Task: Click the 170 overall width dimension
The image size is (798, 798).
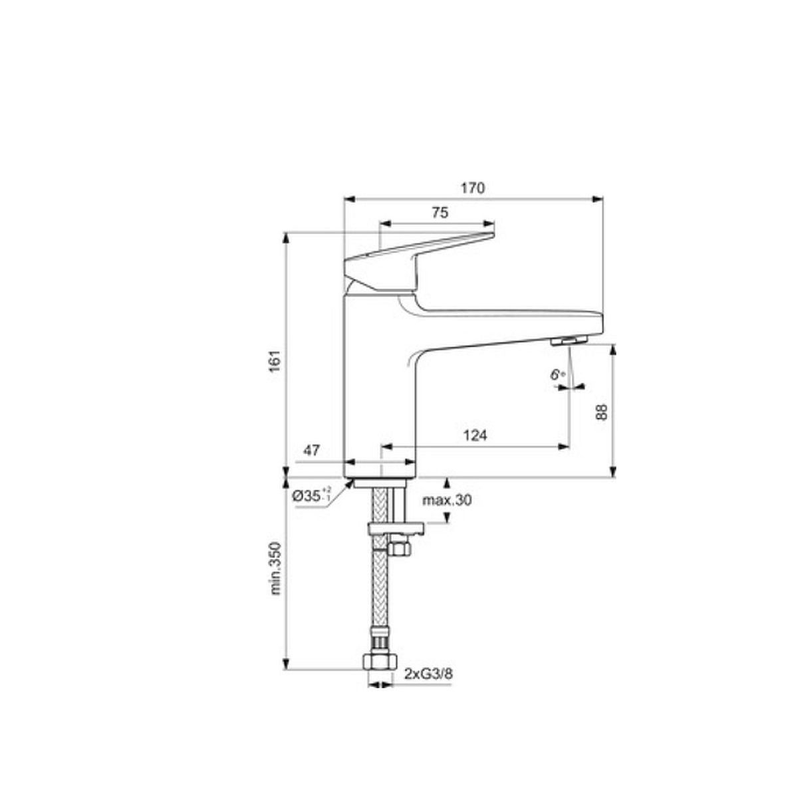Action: coord(473,188)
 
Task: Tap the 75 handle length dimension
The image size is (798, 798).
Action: coord(440,213)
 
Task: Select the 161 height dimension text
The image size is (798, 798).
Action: coord(275,361)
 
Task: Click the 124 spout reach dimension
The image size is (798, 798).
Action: coord(475,435)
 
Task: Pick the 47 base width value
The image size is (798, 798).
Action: coord(311,451)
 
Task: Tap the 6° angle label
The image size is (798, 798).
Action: coord(557,375)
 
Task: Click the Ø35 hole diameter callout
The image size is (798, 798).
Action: coord(311,495)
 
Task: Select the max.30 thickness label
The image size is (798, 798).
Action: coord(447,501)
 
